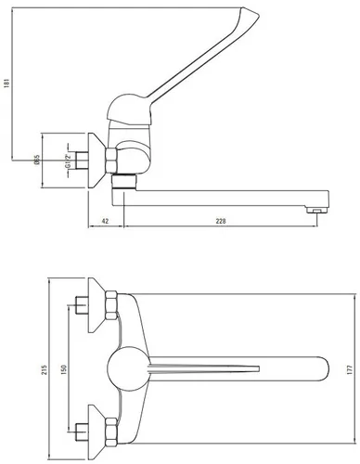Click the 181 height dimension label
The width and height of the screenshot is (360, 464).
click(7, 83)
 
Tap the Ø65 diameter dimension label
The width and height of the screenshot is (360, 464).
click(37, 160)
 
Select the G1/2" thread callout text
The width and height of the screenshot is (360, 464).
click(68, 161)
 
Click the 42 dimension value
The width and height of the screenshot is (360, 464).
click(105, 221)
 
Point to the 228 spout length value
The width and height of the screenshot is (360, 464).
click(221, 221)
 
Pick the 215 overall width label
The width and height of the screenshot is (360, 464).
click(45, 369)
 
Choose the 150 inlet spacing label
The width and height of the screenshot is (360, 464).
click(64, 369)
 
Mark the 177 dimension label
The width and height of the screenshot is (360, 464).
click(350, 369)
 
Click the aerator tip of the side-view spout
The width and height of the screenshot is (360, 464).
click(316, 211)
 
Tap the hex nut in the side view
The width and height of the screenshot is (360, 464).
click(111, 160)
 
